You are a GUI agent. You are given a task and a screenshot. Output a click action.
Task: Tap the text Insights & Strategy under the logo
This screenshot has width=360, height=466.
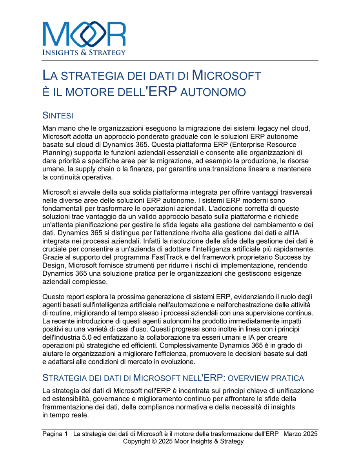(84, 52)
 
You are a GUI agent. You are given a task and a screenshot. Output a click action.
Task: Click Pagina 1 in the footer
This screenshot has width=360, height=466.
(55, 434)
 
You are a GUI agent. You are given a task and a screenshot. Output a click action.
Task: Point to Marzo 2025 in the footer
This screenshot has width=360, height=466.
(300, 434)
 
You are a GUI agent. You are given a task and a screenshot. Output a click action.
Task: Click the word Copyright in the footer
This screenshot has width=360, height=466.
(136, 441)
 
